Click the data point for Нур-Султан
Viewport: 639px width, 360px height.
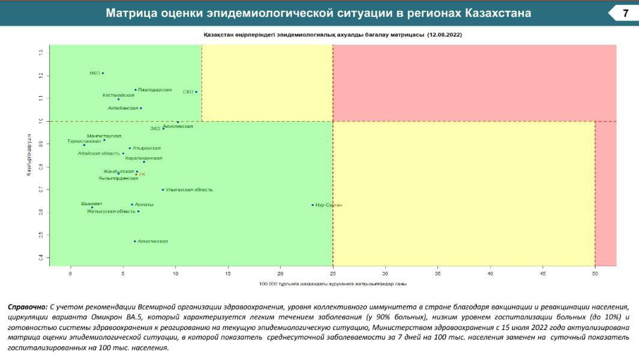313,205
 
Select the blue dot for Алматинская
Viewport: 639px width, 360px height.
135,241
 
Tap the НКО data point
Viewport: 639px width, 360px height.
103,73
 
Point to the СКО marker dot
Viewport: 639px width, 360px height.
196,92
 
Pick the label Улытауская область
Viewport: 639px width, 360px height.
189,190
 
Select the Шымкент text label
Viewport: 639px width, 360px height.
92,203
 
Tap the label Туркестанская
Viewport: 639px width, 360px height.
84,141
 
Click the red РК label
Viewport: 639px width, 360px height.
142,175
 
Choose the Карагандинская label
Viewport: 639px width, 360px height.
144,158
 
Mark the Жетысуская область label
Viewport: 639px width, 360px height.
111,211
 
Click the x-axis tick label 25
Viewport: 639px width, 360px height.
332,274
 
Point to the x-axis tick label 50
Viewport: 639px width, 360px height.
595,274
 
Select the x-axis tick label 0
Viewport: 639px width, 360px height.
70,274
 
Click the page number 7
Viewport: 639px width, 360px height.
626,13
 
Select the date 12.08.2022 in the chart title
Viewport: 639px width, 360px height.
445,35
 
